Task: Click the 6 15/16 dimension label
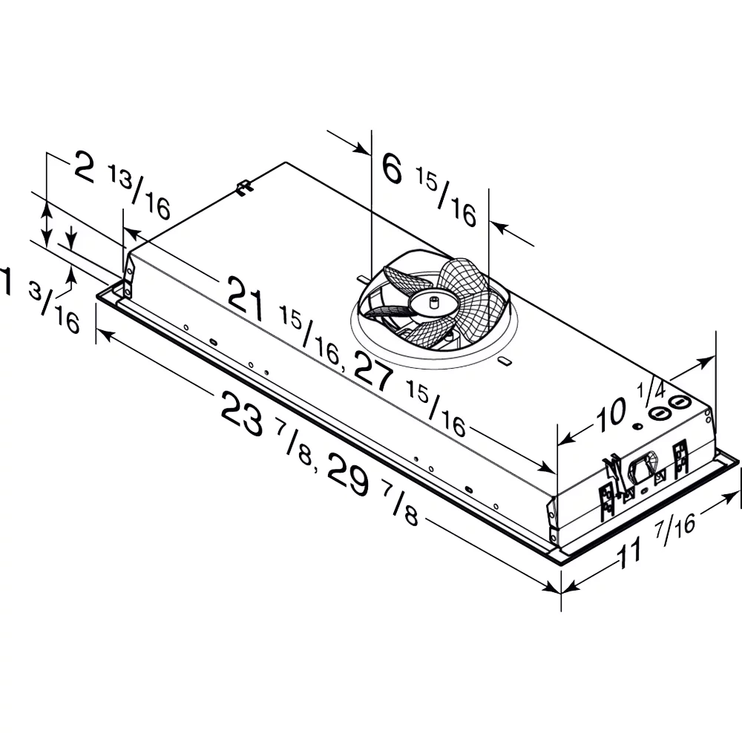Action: pyautogui.click(x=429, y=189)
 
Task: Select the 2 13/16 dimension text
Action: pyautogui.click(x=122, y=185)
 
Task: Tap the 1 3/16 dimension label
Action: pyautogui.click(x=40, y=299)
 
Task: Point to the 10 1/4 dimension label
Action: pyautogui.click(x=630, y=407)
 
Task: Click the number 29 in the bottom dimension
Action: pyautogui.click(x=348, y=474)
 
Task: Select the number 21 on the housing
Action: pyautogui.click(x=246, y=298)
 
